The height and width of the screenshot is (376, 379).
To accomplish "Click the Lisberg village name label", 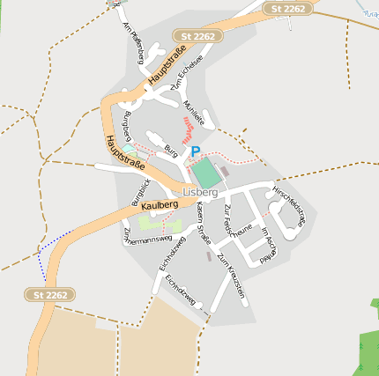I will (200, 192).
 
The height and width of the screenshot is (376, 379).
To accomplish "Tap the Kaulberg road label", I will (159, 204).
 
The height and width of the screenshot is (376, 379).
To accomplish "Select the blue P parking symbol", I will (195, 151).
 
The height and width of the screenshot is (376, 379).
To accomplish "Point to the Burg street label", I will (171, 152).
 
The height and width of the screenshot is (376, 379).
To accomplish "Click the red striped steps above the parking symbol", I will (188, 130).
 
